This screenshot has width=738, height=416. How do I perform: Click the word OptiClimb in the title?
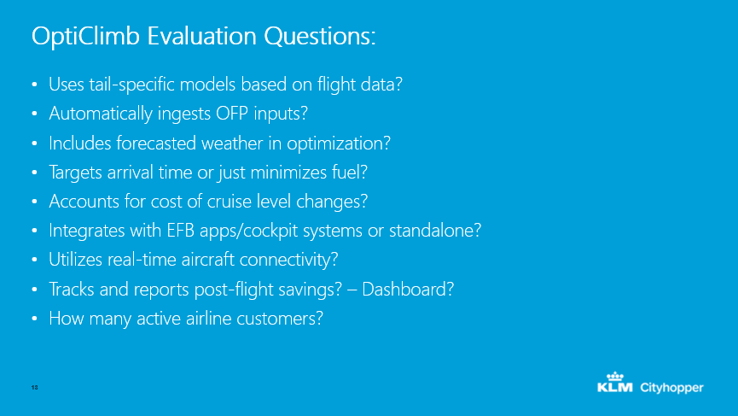85,37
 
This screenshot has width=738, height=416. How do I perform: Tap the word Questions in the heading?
320,36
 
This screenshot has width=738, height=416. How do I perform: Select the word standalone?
435,231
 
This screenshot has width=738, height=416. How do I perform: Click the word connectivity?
288,260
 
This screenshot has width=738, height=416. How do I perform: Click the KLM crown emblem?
614,376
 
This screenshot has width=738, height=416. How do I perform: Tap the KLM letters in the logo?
614,387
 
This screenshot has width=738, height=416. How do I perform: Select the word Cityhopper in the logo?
671,388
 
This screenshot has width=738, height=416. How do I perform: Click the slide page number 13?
34,387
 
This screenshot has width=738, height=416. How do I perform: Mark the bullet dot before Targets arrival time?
34,173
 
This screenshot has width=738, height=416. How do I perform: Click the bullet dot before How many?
34,319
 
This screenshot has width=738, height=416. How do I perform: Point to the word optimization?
339,144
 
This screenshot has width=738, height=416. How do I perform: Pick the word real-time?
142,260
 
